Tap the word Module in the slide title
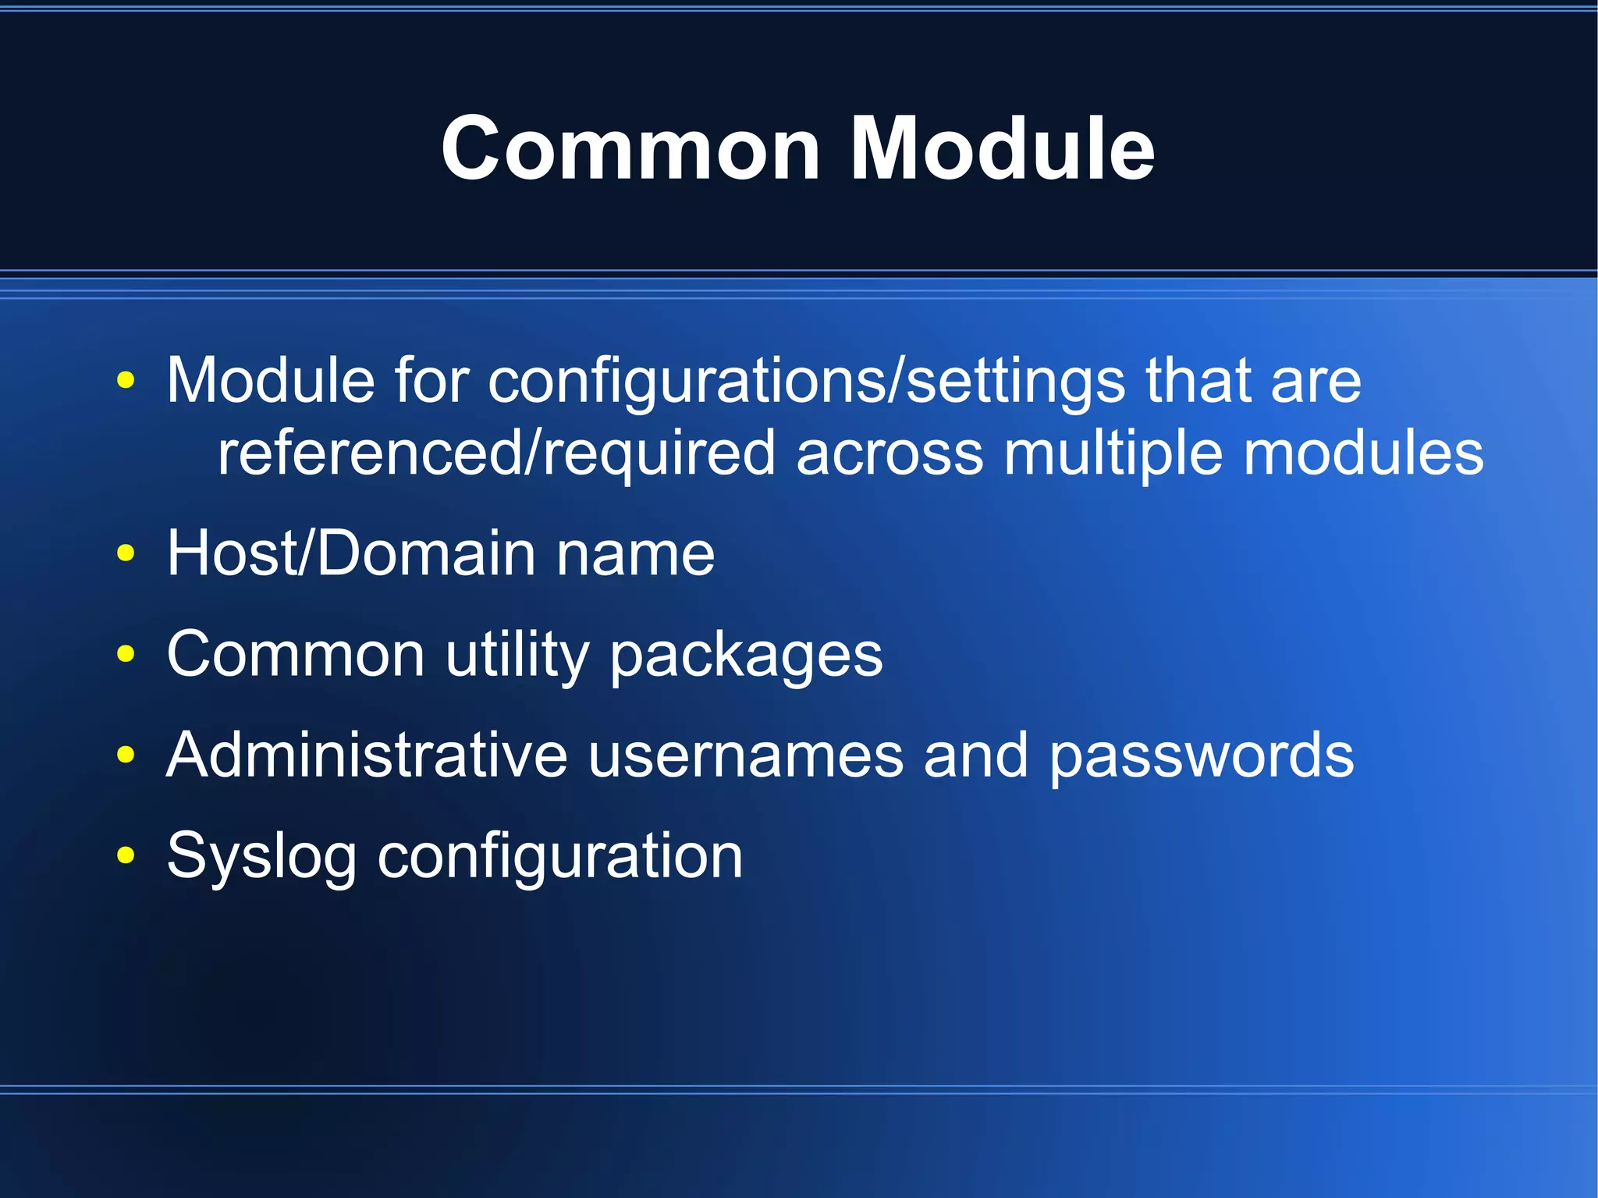click(x=1002, y=148)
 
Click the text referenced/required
click(x=496, y=454)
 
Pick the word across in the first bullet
click(x=890, y=454)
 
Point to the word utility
click(x=517, y=656)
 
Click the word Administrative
click(x=367, y=755)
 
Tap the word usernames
click(x=745, y=756)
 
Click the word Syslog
click(x=261, y=857)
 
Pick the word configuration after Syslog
click(x=559, y=857)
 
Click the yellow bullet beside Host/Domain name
click(x=125, y=553)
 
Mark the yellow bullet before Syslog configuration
click(x=125, y=855)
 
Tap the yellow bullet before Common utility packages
click(x=125, y=654)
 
